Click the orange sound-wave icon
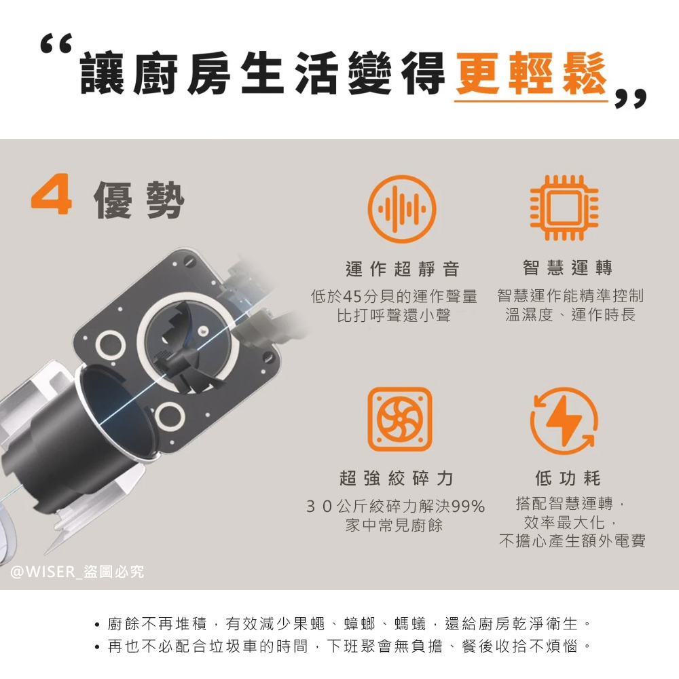click(x=402, y=208)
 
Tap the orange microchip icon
click(x=564, y=208)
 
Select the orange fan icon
click(x=400, y=419)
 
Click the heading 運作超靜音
click(x=402, y=269)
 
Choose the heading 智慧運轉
click(x=567, y=268)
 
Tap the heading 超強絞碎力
click(x=397, y=478)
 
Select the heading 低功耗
click(x=568, y=478)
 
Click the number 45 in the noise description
click(x=352, y=297)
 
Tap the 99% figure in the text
click(x=468, y=506)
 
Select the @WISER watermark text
click(x=77, y=572)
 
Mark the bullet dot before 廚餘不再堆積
click(x=97, y=625)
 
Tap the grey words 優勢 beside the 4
click(x=139, y=200)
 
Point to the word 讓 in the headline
click(x=102, y=73)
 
